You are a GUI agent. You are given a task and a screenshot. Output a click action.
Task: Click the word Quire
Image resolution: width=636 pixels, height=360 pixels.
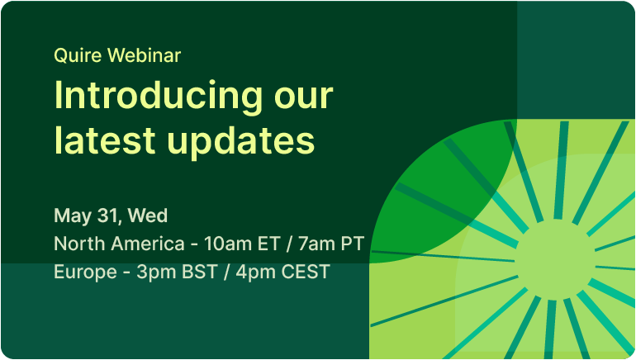click(x=77, y=55)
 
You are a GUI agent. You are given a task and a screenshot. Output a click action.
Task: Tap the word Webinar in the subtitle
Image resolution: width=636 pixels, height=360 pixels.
click(x=144, y=55)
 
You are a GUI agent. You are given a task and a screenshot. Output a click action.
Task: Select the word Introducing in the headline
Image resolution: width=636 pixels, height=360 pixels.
click(x=159, y=96)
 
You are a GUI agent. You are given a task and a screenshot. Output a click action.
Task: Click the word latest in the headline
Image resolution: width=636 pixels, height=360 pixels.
click(x=105, y=140)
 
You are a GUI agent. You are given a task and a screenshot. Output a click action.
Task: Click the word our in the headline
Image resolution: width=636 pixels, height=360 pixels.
click(x=303, y=100)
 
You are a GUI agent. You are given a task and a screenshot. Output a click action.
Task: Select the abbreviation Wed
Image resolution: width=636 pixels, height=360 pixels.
click(x=148, y=216)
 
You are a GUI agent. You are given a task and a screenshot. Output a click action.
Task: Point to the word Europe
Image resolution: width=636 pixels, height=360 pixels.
click(x=86, y=272)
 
